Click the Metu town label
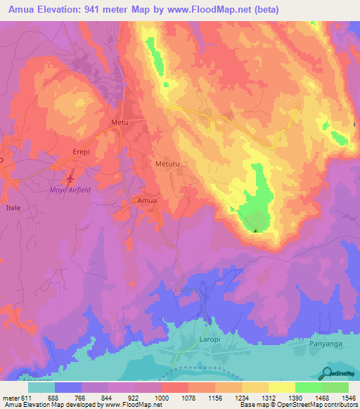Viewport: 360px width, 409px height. click(x=121, y=122)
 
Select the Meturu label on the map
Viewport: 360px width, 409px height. click(x=167, y=164)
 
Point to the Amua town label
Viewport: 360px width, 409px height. click(x=146, y=201)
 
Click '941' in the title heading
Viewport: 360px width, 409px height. click(x=96, y=10)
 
